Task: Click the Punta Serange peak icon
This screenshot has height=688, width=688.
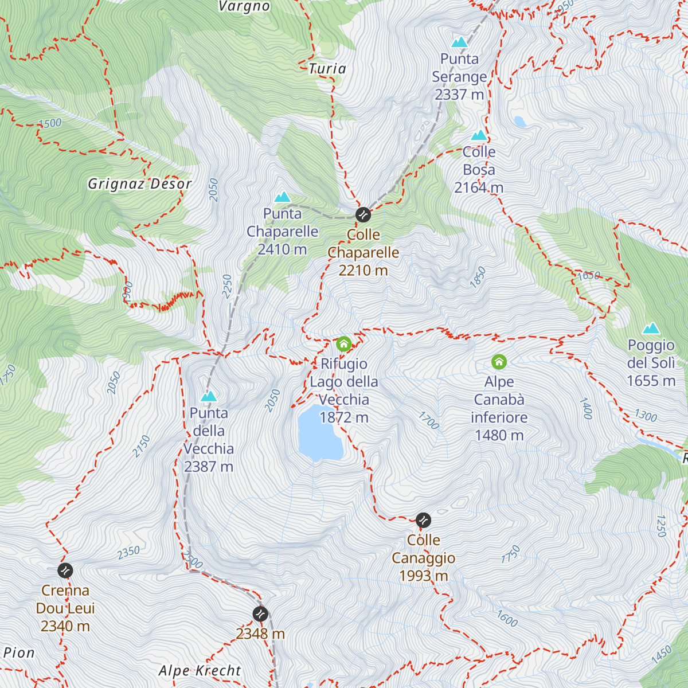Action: point(459,42)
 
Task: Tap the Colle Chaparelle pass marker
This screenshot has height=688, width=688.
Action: point(363,215)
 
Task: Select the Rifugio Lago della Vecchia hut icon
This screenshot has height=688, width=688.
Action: point(343,344)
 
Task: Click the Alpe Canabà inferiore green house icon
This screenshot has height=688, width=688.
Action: point(499,362)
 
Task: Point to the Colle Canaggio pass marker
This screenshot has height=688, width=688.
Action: point(423,521)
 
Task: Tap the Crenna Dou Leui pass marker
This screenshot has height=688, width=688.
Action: point(65,570)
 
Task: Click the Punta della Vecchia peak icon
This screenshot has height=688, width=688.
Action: point(209,396)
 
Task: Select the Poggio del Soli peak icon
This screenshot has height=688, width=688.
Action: point(651,329)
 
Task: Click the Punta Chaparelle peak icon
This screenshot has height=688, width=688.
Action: point(282,197)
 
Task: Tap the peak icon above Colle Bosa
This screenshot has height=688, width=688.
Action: point(479,135)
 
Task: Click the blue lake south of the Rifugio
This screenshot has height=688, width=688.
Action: point(319,433)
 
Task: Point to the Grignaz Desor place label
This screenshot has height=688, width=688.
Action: point(139,184)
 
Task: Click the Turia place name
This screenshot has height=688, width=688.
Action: point(327,69)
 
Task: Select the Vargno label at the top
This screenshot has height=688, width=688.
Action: point(244,7)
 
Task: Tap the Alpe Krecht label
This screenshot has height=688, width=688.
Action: point(200,670)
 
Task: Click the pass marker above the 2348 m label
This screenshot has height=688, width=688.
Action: point(260,614)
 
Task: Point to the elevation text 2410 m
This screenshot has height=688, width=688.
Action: point(282,249)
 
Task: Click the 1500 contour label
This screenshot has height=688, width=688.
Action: point(50,123)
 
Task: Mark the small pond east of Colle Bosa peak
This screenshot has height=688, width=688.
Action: point(519,122)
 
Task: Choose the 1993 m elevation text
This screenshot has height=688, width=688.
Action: point(423,576)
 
